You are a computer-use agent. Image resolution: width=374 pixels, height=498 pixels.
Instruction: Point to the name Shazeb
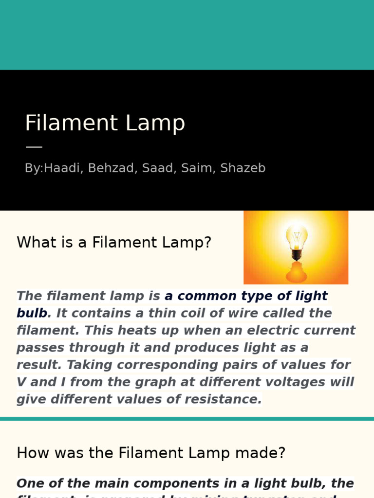(243, 168)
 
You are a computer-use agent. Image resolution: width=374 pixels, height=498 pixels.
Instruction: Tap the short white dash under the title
(34, 146)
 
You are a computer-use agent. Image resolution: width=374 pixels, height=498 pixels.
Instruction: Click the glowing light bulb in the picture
(296, 236)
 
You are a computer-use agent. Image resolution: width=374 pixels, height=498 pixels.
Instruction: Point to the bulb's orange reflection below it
(296, 272)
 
